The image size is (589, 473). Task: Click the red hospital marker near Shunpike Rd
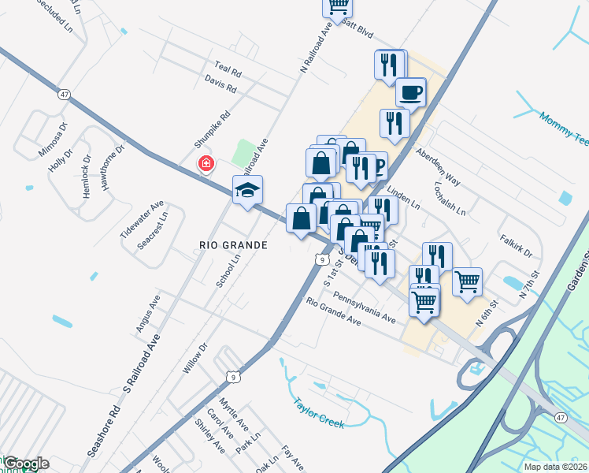tap(206, 163)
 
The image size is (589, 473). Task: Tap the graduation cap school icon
tap(247, 190)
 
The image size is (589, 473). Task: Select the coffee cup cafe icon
tap(411, 92)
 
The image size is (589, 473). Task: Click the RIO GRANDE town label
tap(233, 245)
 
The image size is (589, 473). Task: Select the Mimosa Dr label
tap(53, 140)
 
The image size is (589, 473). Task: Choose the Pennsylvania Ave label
tap(364, 306)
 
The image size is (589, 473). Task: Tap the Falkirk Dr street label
tap(517, 244)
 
